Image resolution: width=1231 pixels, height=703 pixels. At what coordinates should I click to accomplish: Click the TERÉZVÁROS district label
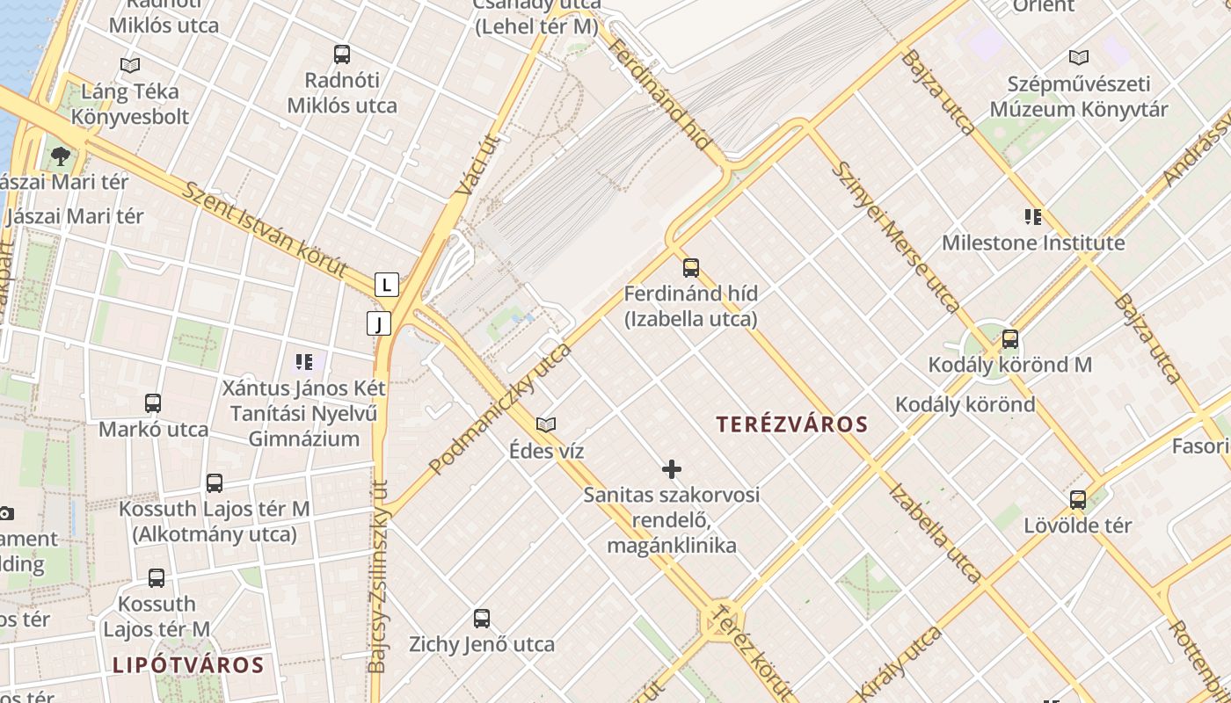pos(791,424)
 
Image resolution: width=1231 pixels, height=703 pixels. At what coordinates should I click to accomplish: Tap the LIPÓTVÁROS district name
pos(188,664)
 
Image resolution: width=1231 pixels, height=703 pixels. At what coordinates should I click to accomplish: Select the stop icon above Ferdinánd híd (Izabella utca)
pos(691,267)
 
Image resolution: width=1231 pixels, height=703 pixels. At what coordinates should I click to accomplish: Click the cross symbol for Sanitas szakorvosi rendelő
pos(672,469)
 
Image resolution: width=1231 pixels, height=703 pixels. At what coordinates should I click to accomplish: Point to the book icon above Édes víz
pos(546,425)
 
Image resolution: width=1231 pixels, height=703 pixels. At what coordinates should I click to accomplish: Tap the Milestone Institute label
pos(1033,243)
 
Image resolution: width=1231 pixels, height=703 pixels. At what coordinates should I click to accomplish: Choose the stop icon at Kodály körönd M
pos(1010,338)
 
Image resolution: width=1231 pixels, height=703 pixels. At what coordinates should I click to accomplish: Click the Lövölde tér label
pos(1077,525)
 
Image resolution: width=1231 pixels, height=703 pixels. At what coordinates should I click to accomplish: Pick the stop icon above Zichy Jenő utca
pos(482,618)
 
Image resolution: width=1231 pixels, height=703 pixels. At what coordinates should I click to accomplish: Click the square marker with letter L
pos(386,285)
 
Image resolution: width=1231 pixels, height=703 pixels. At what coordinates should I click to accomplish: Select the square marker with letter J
pos(379,323)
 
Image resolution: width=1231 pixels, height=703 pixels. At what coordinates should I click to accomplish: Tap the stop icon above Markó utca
pos(153,403)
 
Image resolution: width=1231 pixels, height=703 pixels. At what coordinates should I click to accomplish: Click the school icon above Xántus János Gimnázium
pos(304,361)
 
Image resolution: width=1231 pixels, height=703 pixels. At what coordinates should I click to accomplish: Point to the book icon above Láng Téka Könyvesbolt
pos(130,65)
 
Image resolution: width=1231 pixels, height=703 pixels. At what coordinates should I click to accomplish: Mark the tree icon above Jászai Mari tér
pos(61,156)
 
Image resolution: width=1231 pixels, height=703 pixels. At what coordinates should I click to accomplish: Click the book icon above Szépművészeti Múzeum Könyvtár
pos(1079,58)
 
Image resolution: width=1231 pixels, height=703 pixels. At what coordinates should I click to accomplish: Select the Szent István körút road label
pos(265,230)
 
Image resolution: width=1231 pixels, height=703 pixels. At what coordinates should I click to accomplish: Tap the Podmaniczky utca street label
pos(500,409)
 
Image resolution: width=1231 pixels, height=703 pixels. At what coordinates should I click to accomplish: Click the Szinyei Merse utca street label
pos(896,237)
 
